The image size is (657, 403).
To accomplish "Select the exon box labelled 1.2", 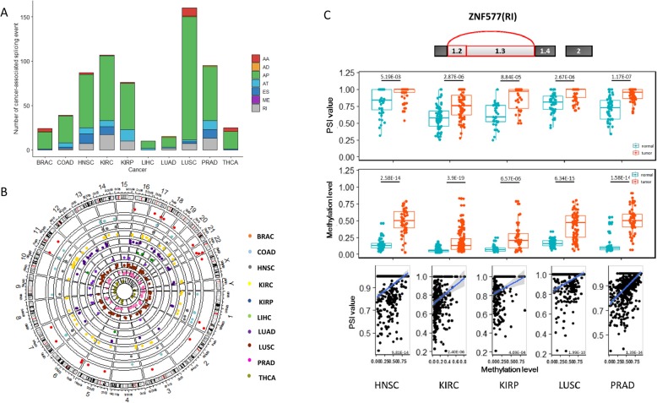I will (x=457, y=52).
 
